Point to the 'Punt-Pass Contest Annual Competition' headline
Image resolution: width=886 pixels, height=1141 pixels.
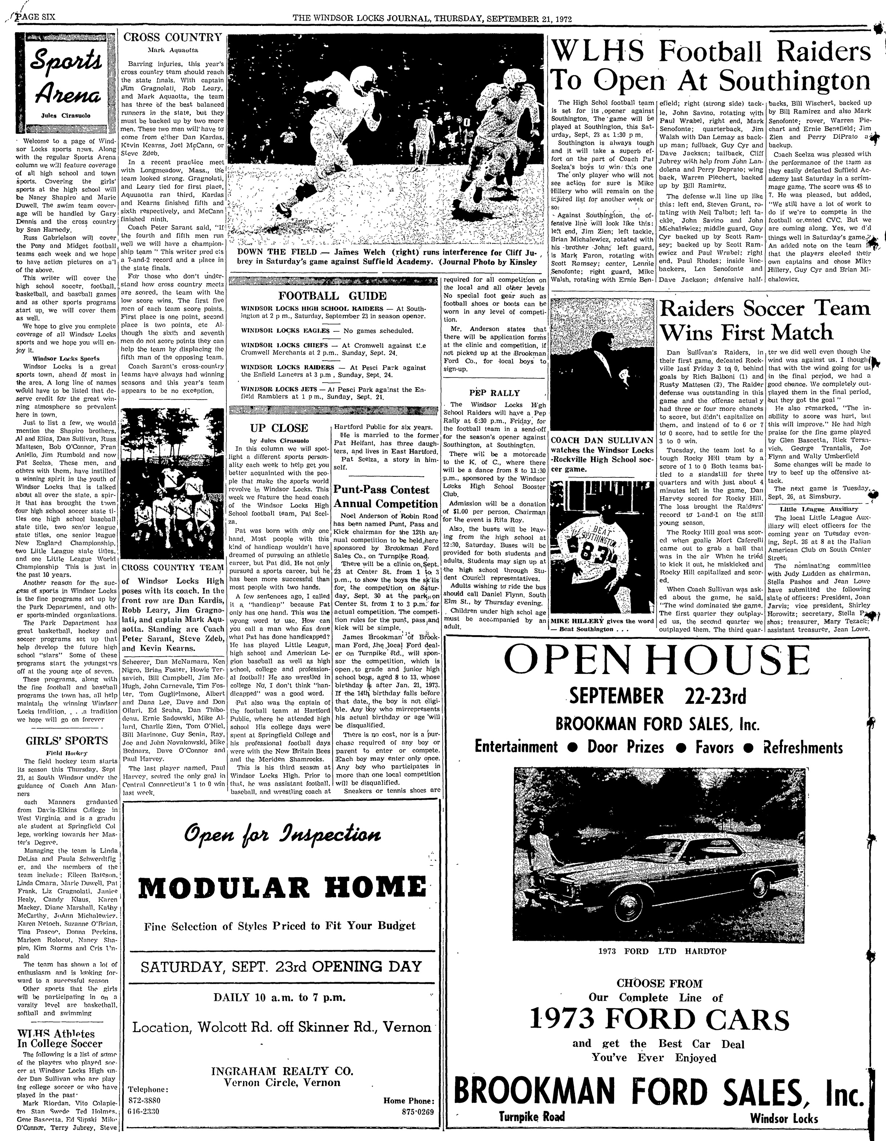click(386, 497)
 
